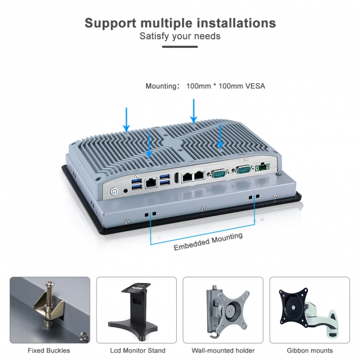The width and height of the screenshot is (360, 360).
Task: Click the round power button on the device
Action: point(114,191)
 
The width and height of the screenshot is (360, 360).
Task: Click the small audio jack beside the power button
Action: point(126,189)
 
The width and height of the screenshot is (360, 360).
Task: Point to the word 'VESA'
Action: point(255,86)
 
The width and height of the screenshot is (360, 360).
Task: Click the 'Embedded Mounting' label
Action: point(208,241)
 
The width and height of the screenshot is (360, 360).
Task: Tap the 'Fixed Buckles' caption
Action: point(49,350)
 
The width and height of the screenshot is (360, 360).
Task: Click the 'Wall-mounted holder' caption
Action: point(223,350)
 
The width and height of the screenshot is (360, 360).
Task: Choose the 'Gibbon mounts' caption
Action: point(309,350)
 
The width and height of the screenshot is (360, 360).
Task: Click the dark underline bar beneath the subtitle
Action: point(180,47)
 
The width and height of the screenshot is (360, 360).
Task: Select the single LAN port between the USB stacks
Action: point(151,183)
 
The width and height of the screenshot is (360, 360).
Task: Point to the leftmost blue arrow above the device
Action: point(127,120)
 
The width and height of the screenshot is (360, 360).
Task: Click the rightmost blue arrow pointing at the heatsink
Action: point(220,137)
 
